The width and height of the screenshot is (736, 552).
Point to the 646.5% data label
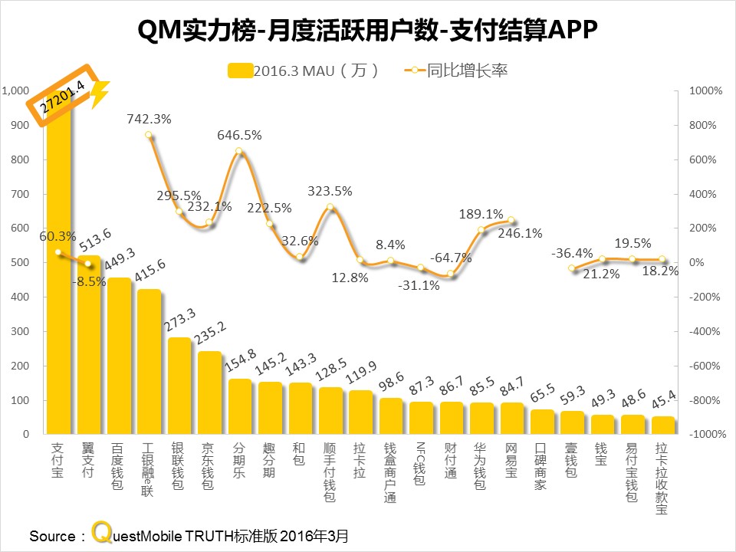[240, 135]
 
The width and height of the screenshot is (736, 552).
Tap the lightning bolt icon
[100, 93]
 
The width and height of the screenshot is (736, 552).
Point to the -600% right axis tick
[704, 366]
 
